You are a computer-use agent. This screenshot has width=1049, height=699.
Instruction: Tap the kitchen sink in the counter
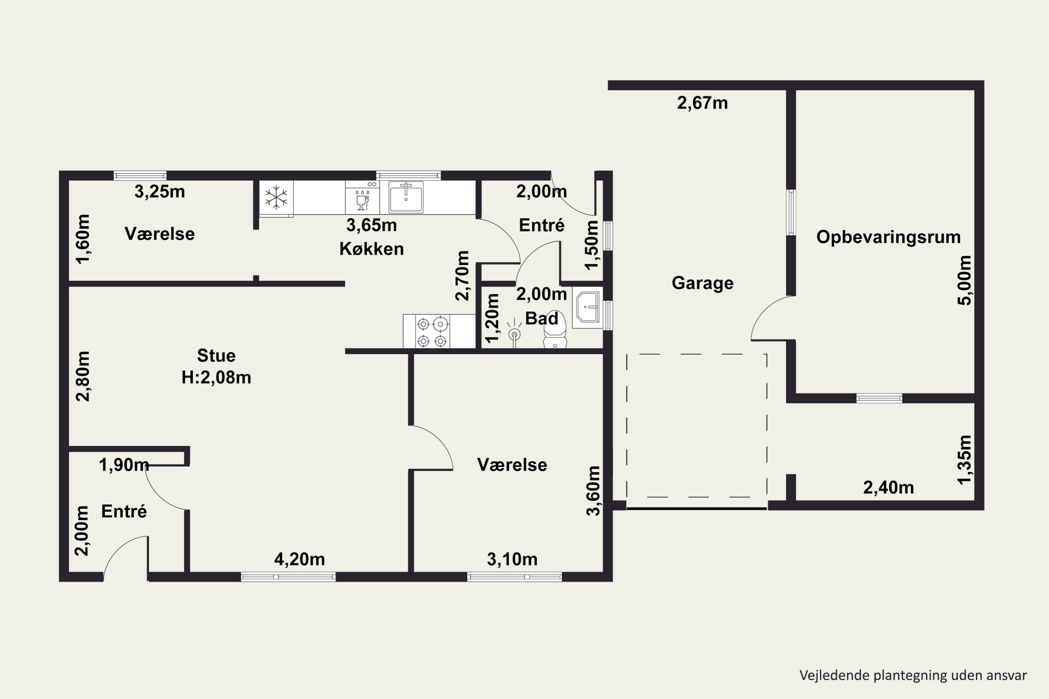(406, 197)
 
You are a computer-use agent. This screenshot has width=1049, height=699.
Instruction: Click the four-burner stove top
(432, 331)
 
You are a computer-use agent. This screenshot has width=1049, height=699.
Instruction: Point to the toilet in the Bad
(555, 330)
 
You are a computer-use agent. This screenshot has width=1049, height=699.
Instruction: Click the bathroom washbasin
(587, 307)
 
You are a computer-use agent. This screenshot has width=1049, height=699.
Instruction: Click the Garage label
(702, 283)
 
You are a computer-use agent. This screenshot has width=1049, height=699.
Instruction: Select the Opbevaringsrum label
(889, 237)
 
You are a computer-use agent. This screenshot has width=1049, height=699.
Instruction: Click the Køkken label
(371, 249)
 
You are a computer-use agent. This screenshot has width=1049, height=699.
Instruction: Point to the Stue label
(216, 355)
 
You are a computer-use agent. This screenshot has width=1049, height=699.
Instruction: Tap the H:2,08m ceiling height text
(216, 377)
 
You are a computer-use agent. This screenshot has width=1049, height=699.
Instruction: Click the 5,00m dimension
(964, 280)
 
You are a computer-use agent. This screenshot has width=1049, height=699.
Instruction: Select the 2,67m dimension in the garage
(702, 103)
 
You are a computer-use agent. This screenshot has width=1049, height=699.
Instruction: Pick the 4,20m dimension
(300, 559)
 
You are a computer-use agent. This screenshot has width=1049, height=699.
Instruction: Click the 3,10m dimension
(512, 559)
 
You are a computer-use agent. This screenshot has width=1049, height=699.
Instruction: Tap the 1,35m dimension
(964, 460)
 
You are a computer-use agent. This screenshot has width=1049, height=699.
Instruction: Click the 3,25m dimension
(160, 192)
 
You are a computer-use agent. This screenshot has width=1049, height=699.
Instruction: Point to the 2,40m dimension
(889, 488)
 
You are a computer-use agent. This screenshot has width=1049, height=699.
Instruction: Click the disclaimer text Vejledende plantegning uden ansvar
(913, 675)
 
